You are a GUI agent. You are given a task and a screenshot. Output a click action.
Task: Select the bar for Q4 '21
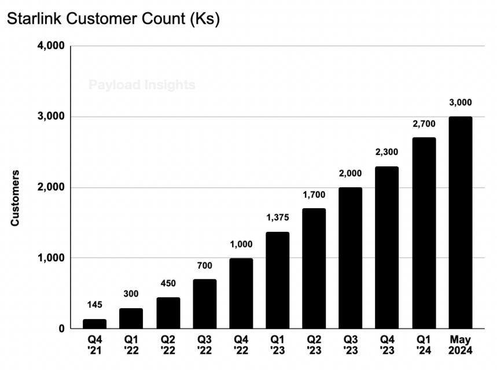pyautogui.click(x=94, y=324)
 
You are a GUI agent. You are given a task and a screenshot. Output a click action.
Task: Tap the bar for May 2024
pyautogui.click(x=461, y=223)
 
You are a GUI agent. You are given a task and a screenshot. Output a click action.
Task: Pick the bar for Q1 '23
pyautogui.click(x=278, y=280)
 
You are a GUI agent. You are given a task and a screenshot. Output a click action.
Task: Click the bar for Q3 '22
pyautogui.click(x=204, y=304)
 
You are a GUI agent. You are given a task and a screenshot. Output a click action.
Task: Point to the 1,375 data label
pyautogui.click(x=278, y=218)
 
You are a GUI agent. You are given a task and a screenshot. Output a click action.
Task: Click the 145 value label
pyautogui.click(x=94, y=305)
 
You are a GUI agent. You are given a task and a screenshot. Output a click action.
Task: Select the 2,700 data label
pyautogui.click(x=424, y=124)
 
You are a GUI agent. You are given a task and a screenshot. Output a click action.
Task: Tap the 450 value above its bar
pyautogui.click(x=168, y=283)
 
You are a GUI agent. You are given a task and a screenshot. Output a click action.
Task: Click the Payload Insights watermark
pyautogui.click(x=142, y=85)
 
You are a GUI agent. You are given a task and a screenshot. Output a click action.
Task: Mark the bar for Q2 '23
pyautogui.click(x=314, y=269)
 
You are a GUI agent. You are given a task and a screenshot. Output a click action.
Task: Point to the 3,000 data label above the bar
pyautogui.click(x=461, y=102)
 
